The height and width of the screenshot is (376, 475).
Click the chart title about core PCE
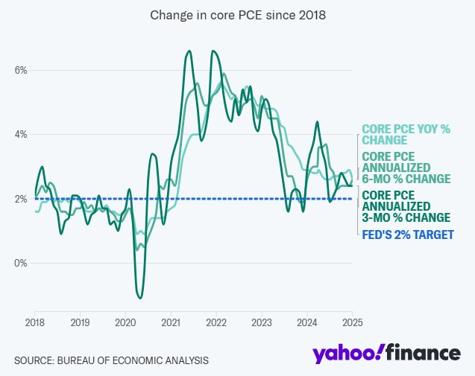pos(237,15)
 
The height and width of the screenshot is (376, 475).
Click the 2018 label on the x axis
pos(34,322)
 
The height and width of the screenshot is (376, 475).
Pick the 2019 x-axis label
pos(80,322)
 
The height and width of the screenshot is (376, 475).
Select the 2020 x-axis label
pos(125,322)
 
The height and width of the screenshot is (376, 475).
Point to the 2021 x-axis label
pos(171,322)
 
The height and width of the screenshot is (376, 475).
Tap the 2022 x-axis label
pos(216,322)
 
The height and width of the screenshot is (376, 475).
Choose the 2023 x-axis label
pos(262,322)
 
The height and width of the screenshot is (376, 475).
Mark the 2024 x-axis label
pos(307,322)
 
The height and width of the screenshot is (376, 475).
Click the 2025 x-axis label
pos(353,322)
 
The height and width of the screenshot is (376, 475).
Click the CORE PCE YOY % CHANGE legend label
pos(406,135)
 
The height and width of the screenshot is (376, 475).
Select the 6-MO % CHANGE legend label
pos(406,168)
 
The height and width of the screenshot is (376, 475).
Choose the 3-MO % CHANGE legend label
pos(406,206)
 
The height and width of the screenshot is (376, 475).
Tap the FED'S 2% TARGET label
pos(407,235)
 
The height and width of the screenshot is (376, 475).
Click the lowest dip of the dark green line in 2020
pos(140,298)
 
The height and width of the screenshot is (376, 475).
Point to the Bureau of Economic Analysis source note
pos(111,360)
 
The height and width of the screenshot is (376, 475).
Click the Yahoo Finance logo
pos(386,354)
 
